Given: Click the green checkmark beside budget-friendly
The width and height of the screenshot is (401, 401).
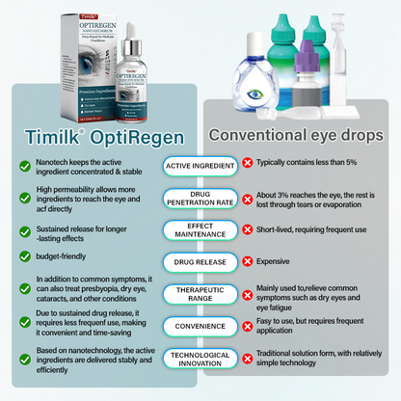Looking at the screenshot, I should (x=23, y=256).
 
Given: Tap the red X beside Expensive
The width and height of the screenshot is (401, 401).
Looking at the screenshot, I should (x=249, y=260).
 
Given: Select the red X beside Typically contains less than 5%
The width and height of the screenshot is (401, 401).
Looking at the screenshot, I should (x=249, y=165).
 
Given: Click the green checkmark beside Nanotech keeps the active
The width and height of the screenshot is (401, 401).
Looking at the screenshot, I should (x=23, y=166).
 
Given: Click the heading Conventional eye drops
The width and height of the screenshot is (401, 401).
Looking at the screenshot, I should (x=299, y=134).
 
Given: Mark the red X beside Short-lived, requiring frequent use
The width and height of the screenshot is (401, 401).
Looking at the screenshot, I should (x=249, y=229).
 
